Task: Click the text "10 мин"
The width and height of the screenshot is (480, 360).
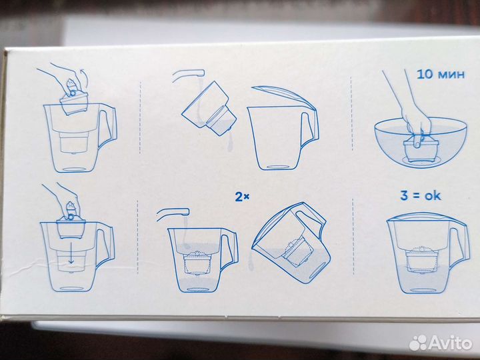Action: [x=441, y=75]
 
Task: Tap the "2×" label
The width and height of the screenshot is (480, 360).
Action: [x=242, y=197]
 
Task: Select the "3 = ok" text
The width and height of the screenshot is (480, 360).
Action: [x=421, y=195]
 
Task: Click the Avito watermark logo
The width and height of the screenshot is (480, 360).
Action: [x=440, y=342]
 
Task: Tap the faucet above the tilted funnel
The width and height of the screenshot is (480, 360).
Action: [x=188, y=75]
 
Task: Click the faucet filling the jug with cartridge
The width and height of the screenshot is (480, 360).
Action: [x=173, y=213]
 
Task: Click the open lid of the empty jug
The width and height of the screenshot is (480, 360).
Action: [x=283, y=96]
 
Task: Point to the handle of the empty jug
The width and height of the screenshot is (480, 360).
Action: [x=310, y=129]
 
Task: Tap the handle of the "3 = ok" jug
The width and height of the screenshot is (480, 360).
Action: [x=459, y=245]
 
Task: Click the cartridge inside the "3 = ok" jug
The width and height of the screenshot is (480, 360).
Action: [x=421, y=259]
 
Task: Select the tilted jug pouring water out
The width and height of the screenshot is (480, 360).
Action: [x=291, y=242]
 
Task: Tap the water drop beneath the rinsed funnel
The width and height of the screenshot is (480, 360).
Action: [x=230, y=145]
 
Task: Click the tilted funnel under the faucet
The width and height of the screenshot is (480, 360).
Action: [x=209, y=109]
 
